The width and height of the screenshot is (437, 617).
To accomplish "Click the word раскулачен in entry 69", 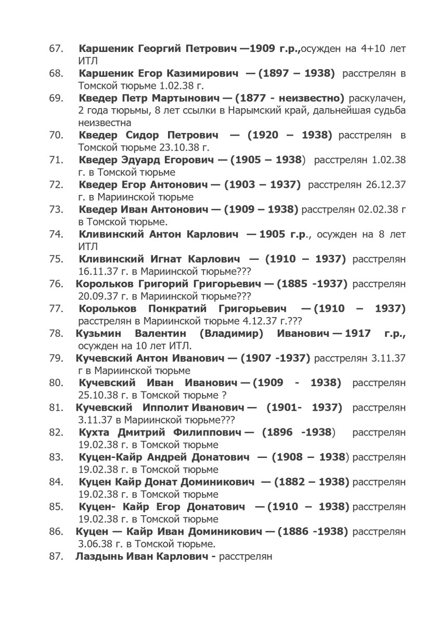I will point(377,98).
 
